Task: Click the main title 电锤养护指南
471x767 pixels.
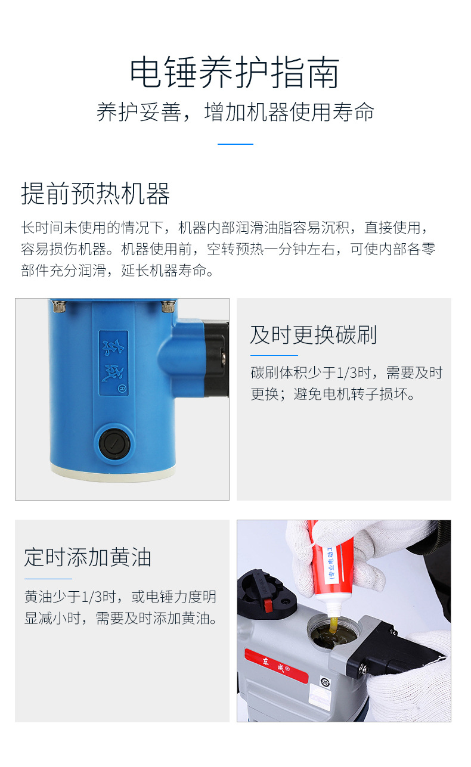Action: tap(235, 73)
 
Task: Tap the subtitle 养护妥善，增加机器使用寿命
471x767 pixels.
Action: tap(235, 112)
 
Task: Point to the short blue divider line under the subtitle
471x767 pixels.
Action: tap(235, 144)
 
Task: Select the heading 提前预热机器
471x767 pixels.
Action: tap(95, 194)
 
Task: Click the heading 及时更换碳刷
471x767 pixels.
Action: tap(313, 335)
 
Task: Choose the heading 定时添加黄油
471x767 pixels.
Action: tap(88, 557)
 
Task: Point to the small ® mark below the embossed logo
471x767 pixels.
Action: tap(121, 388)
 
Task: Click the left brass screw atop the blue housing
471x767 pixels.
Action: tap(58, 307)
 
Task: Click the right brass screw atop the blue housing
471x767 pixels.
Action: tap(168, 307)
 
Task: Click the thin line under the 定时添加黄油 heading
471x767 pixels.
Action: tap(48, 579)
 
